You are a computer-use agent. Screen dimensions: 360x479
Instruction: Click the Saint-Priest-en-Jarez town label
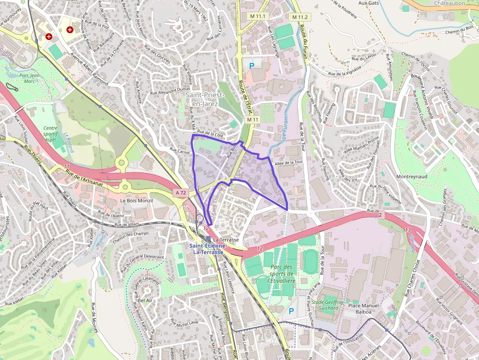[204, 99]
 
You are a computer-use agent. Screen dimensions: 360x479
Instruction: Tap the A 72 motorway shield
[181, 193]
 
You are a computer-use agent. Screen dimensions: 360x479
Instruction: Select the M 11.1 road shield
[259, 17]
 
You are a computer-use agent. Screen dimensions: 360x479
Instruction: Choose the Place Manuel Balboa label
[363, 308]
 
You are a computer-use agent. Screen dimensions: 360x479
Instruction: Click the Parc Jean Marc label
[29, 78]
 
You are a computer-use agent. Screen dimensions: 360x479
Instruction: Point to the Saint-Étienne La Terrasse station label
[208, 249]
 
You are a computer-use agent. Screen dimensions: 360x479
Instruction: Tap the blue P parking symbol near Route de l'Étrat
[252, 65]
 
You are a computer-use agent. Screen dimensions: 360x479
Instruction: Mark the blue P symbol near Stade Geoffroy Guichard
[291, 311]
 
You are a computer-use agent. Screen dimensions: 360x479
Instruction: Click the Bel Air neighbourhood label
[146, 300]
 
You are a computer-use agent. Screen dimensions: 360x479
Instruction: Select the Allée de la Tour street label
[289, 163]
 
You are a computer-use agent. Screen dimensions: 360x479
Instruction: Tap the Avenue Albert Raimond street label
[88, 69]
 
